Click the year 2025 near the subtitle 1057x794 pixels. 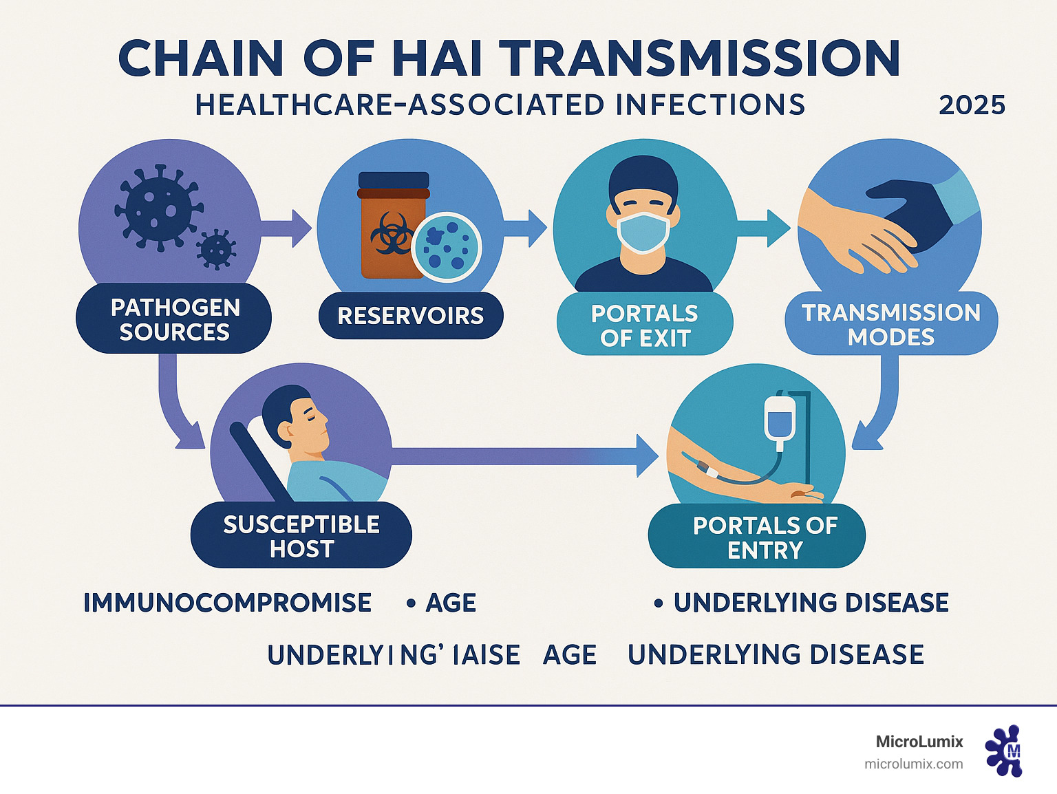[x=972, y=105]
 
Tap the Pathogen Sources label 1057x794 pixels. [x=175, y=319]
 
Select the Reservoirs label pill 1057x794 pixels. [x=411, y=316]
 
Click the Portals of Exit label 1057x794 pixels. [x=645, y=325]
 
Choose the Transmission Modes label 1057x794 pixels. [x=891, y=325]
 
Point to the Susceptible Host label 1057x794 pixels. [x=301, y=537]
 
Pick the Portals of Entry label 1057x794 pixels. [x=765, y=537]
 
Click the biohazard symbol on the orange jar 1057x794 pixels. [x=389, y=232]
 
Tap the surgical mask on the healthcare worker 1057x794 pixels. [x=643, y=230]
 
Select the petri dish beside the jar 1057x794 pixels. [x=447, y=246]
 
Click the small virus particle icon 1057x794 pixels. [x=216, y=249]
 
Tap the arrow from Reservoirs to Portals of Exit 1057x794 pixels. [x=526, y=228]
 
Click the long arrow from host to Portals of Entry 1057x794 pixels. [x=523, y=455]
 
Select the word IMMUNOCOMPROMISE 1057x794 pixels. [x=227, y=603]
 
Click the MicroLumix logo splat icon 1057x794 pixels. [x=1004, y=751]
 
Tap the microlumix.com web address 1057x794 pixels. [x=913, y=764]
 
